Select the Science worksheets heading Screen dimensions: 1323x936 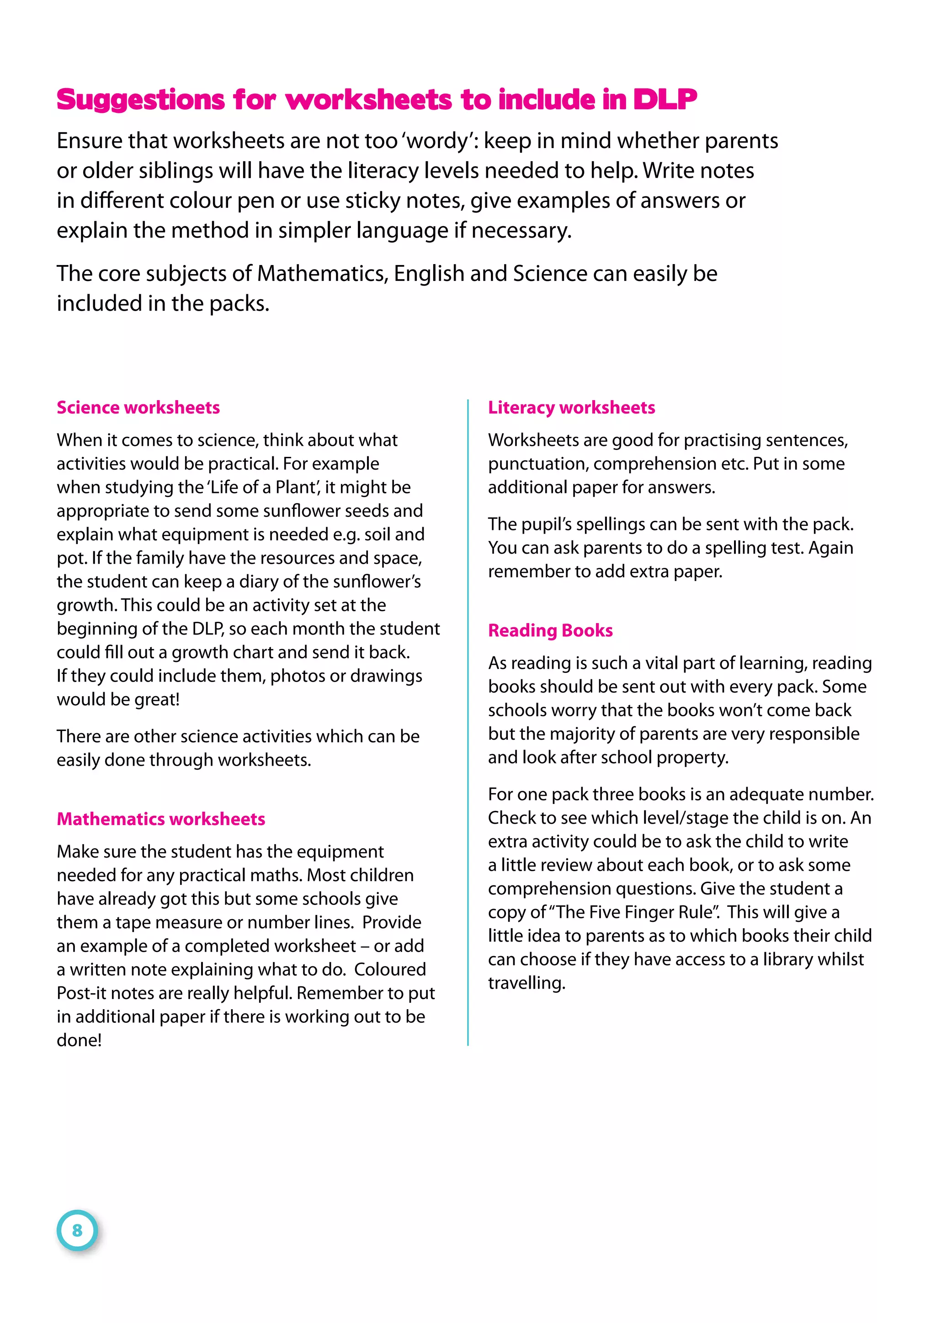pos(138,407)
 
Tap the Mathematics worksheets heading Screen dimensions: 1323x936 pos(161,819)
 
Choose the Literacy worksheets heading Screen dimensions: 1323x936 pos(571,407)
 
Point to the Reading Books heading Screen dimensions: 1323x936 pos(550,630)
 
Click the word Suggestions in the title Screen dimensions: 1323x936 pos(140,99)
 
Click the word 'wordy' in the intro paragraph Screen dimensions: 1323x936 pos(438,141)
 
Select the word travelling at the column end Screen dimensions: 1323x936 pos(526,983)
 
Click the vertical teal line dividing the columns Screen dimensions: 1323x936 pos(468,720)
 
